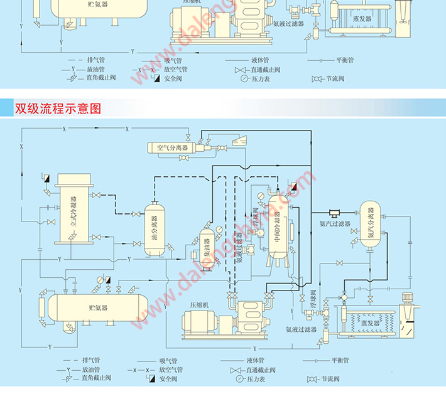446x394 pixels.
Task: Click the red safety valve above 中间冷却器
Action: pos(295,186)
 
